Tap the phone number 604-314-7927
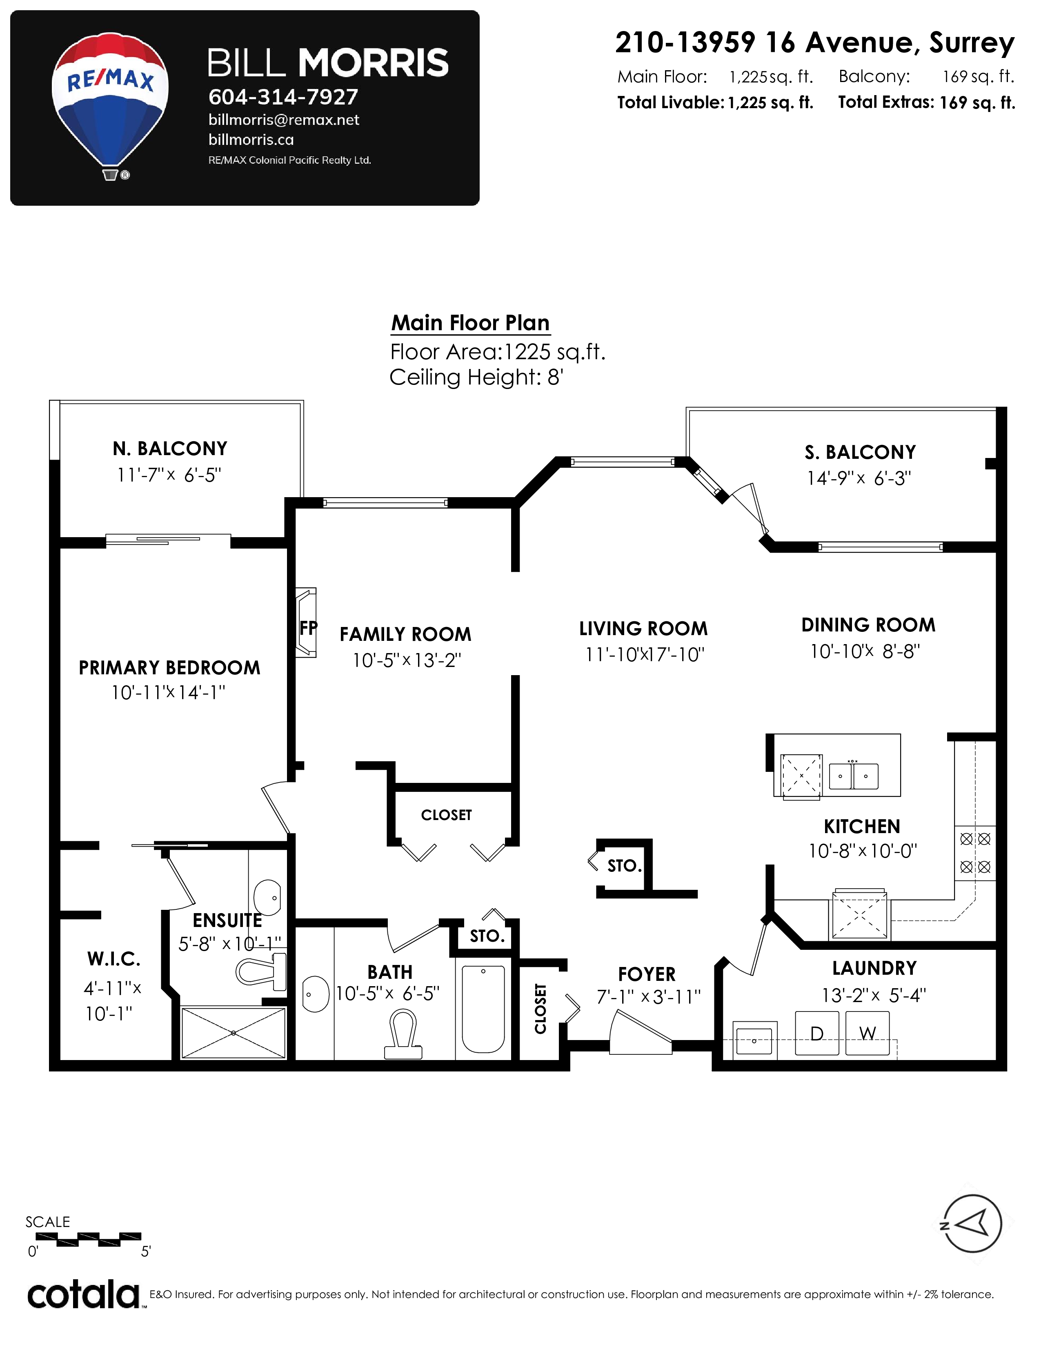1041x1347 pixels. click(x=283, y=97)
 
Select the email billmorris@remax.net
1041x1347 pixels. click(x=284, y=120)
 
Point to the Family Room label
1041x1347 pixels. click(x=405, y=634)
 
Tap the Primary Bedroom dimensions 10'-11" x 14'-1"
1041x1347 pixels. click(x=168, y=693)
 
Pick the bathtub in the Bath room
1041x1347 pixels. click(x=483, y=1009)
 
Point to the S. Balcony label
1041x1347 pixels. click(x=860, y=452)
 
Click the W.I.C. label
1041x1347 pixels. click(x=114, y=959)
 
